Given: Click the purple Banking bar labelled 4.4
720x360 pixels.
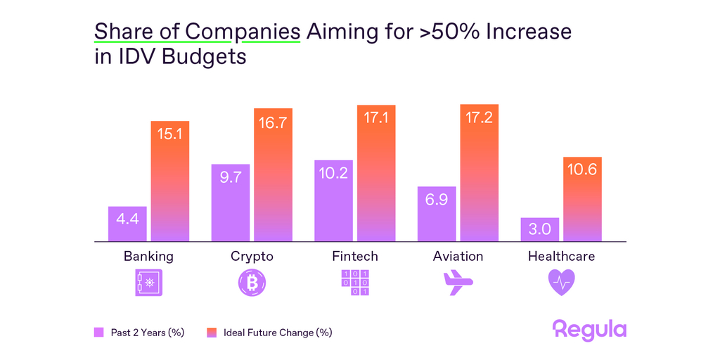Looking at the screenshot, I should (x=127, y=224).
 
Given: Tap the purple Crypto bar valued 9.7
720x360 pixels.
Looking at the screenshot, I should (x=231, y=202).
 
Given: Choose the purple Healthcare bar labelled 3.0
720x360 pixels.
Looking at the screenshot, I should (x=540, y=230).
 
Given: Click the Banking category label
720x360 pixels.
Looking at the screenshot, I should (x=148, y=257).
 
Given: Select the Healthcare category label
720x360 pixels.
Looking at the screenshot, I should (x=561, y=257).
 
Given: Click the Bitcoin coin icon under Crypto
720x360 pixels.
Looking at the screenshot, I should (x=252, y=283).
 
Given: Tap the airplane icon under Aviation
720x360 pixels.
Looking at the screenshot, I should (x=458, y=283).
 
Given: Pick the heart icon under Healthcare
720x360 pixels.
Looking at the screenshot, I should (x=561, y=283).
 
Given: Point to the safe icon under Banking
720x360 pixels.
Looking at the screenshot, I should (x=148, y=283).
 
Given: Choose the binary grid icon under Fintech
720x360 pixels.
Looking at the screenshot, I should (x=355, y=283).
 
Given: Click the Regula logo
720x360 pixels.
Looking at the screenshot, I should (x=589, y=330).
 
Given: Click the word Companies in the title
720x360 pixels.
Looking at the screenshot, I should (x=243, y=32).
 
